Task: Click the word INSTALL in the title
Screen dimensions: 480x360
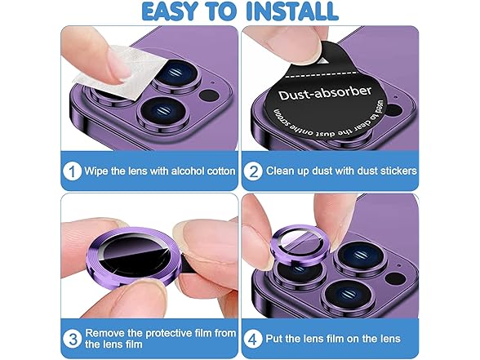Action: [292, 11]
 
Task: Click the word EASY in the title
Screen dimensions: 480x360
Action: [169, 11]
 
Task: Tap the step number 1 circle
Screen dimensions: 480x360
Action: [72, 171]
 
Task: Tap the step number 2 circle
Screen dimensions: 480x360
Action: [253, 171]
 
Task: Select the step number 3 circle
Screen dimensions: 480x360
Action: [73, 339]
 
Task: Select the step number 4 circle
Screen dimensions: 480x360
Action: [253, 339]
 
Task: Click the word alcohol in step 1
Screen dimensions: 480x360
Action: [188, 171]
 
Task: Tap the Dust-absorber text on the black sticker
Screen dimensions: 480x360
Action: [325, 93]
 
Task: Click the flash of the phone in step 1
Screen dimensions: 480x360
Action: [209, 96]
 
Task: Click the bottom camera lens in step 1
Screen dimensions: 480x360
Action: [162, 111]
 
